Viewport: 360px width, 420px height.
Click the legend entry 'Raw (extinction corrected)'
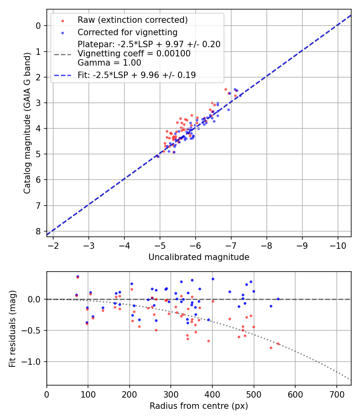tap(132, 20)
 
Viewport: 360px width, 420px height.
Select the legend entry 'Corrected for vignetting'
tap(127, 32)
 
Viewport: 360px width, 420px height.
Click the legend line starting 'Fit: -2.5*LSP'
tap(136, 75)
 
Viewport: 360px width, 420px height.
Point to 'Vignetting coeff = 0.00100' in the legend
tap(134, 54)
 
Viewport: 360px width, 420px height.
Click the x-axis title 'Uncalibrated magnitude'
tap(199, 257)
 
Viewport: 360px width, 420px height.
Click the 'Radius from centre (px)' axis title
tap(199, 406)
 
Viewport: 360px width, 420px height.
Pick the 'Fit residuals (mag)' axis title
tap(12, 328)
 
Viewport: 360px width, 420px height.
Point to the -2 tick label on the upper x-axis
tap(53, 245)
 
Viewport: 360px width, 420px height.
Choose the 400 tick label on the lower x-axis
tap(212, 394)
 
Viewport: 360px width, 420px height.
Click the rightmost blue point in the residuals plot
tap(278, 299)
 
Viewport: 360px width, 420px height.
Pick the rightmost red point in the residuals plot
tap(278, 344)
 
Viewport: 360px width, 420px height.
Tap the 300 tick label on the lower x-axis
tap(171, 394)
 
